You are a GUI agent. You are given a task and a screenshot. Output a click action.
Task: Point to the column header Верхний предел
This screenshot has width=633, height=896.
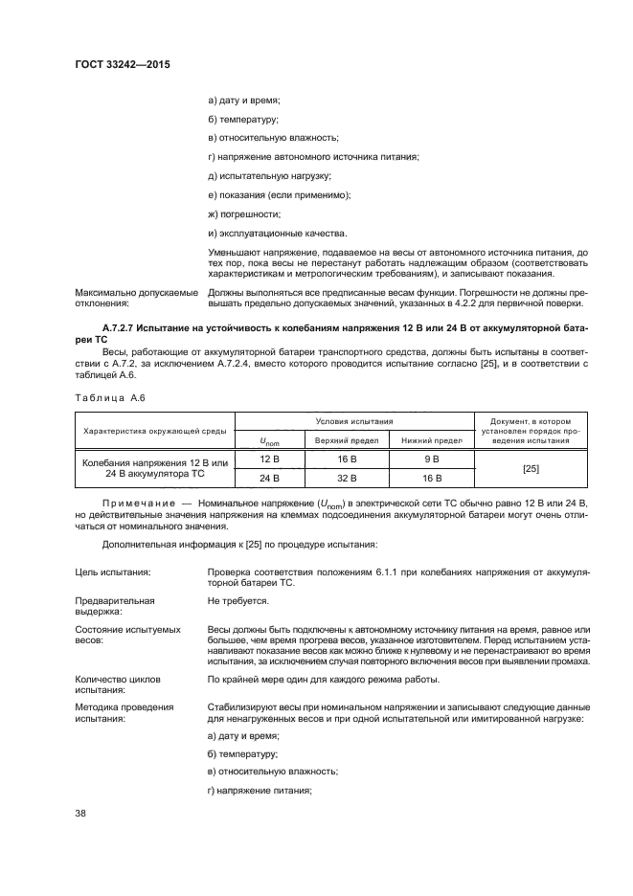[345, 439]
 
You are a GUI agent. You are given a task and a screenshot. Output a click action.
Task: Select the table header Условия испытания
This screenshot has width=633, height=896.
[354, 421]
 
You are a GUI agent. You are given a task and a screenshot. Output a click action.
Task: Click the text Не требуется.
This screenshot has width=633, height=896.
[237, 601]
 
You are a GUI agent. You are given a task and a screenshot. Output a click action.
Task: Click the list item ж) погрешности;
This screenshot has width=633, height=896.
[243, 213]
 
